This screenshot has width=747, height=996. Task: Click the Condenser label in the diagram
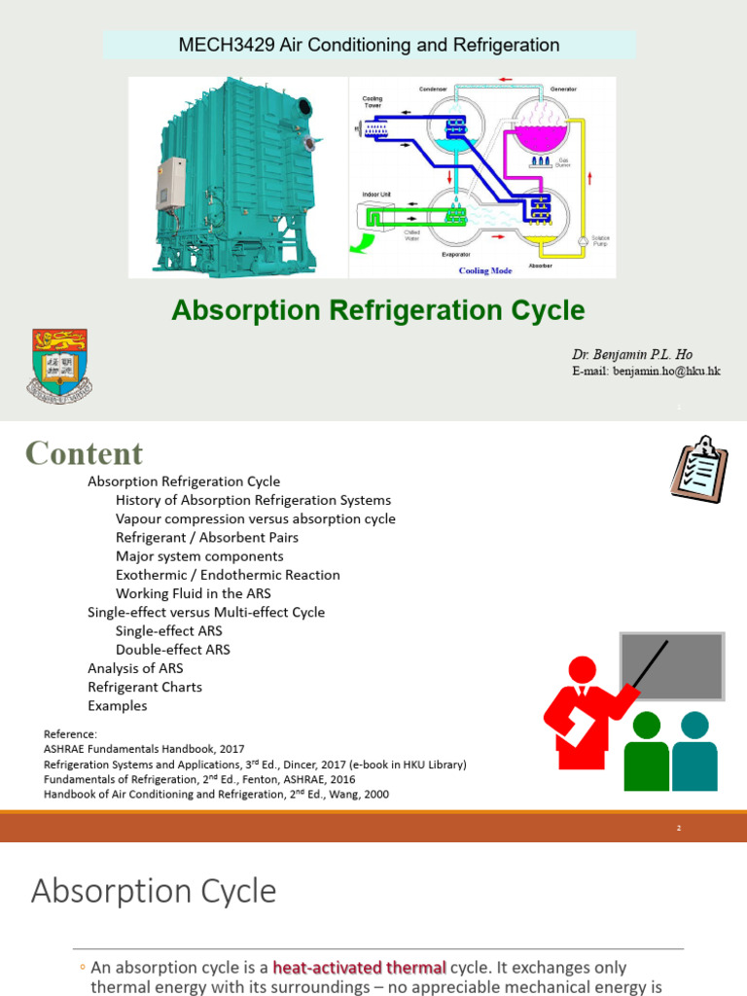(x=432, y=89)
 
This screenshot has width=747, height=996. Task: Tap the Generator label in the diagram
(x=562, y=89)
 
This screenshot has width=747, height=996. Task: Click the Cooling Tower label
(x=373, y=101)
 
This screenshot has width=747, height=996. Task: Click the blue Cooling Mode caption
(x=485, y=270)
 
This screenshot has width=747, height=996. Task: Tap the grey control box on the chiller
(x=172, y=182)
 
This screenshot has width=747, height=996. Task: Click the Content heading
(x=84, y=453)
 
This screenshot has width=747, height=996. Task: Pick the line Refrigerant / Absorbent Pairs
(x=206, y=538)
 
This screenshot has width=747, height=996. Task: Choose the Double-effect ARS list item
(x=172, y=650)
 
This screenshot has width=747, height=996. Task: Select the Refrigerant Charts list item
(x=145, y=687)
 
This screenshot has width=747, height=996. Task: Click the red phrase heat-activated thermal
(x=359, y=968)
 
